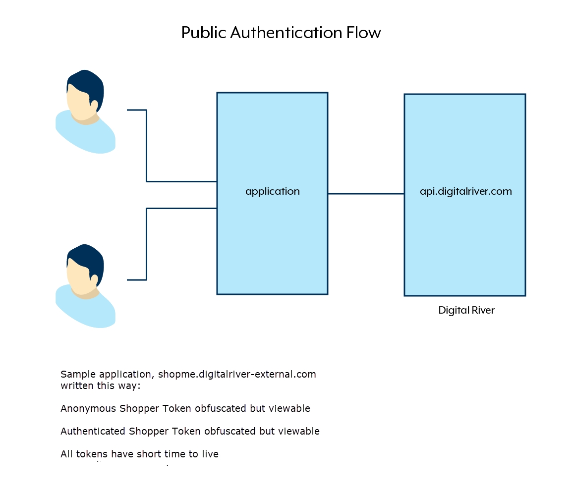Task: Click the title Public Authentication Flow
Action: click(x=281, y=33)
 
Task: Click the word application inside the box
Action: click(x=273, y=191)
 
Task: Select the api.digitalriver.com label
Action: click(x=465, y=191)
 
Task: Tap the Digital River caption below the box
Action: click(x=466, y=311)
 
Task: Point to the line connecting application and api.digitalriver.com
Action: click(x=366, y=194)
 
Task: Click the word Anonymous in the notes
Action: click(x=88, y=409)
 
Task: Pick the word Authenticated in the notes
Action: click(x=93, y=432)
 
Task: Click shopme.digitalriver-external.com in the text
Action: click(x=237, y=374)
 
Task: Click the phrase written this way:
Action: click(x=101, y=386)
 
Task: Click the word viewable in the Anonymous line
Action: click(x=289, y=409)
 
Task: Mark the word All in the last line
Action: click(x=66, y=454)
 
